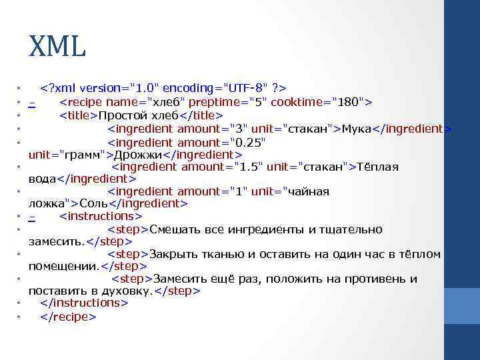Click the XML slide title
click(x=57, y=47)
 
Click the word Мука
click(x=356, y=129)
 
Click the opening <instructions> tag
click(x=100, y=216)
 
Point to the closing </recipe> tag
click(x=69, y=317)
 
